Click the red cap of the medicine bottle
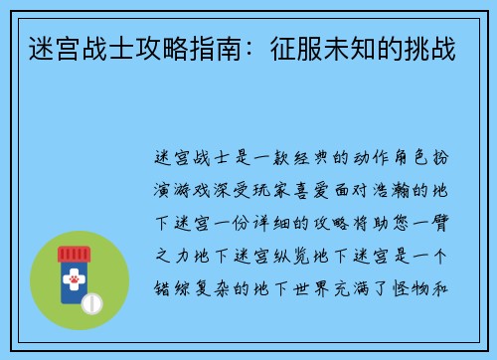tap(75, 254)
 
